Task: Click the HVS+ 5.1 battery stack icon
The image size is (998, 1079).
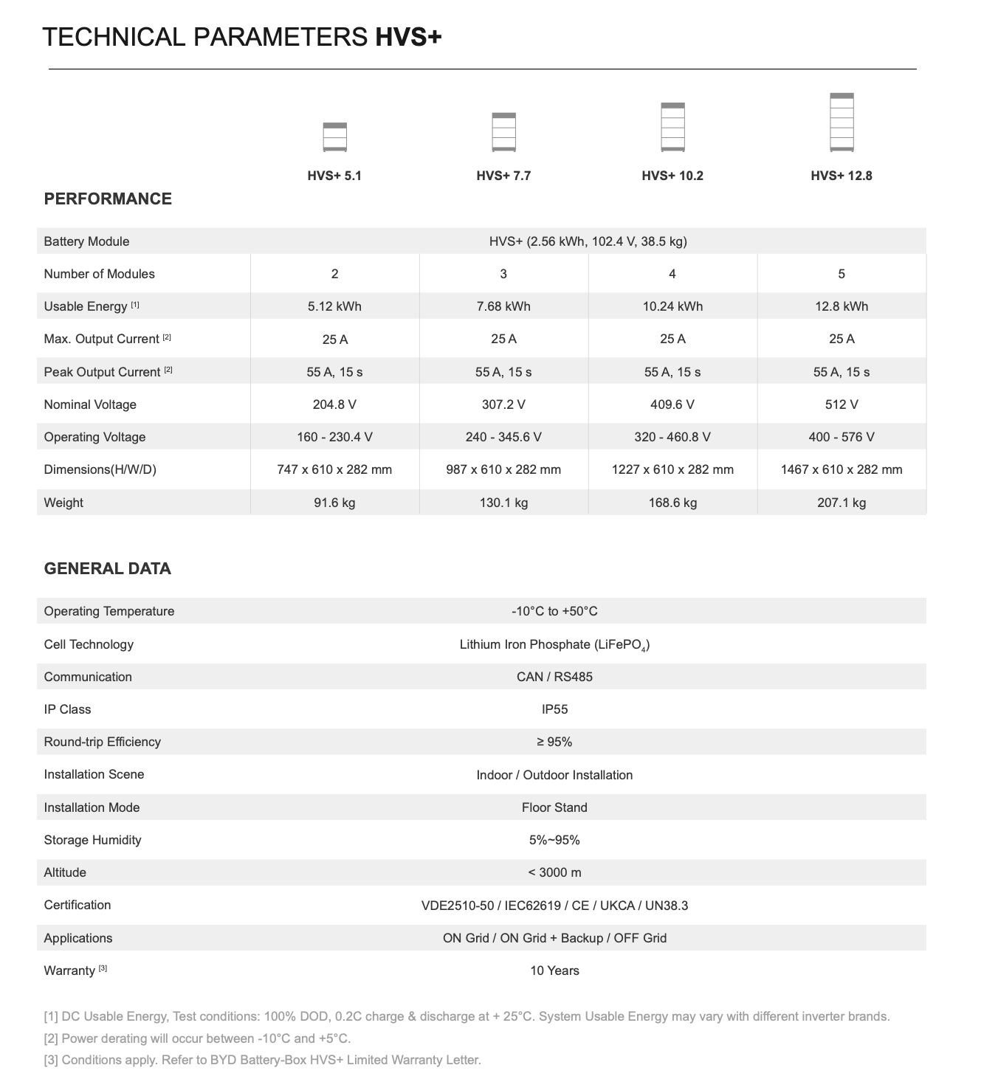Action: point(334,137)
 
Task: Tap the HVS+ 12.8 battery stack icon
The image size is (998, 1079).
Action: point(842,123)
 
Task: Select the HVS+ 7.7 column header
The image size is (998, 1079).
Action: point(503,176)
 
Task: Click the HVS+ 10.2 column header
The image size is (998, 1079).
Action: point(672,176)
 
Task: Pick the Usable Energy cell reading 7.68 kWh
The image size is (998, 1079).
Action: point(503,306)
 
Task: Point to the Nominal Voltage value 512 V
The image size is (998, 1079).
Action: point(842,404)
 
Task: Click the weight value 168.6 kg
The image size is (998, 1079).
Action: point(672,503)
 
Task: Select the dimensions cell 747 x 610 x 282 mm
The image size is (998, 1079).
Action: point(334,469)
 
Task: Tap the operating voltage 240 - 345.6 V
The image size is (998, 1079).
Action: point(503,437)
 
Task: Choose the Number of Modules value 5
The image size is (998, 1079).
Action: point(842,274)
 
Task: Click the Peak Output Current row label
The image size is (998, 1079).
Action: point(102,372)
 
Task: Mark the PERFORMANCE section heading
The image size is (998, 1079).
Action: point(108,199)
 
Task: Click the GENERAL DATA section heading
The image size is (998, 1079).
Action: point(107,568)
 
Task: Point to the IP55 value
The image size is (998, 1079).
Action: point(554,709)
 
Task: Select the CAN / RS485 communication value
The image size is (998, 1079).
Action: point(554,677)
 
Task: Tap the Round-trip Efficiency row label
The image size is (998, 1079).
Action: point(102,742)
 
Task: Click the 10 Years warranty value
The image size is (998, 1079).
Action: point(554,971)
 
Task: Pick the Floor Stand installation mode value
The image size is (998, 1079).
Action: point(554,807)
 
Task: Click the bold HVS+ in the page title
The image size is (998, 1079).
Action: point(408,37)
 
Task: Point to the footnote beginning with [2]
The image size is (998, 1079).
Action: point(197,1038)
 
